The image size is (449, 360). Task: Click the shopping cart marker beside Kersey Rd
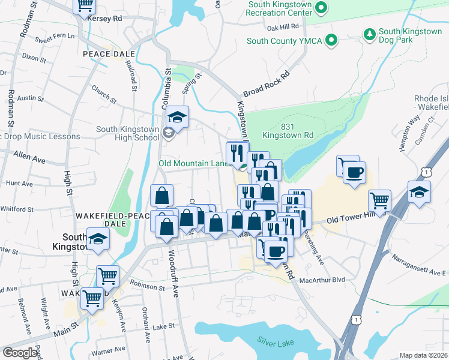(x=85, y=5)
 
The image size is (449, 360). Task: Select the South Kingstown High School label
(x=128, y=133)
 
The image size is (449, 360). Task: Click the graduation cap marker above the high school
(x=177, y=116)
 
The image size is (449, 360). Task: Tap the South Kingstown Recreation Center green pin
(x=321, y=8)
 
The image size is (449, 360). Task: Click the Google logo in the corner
(x=20, y=353)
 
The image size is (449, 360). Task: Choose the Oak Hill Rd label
(x=283, y=28)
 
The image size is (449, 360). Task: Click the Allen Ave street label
(x=29, y=160)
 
